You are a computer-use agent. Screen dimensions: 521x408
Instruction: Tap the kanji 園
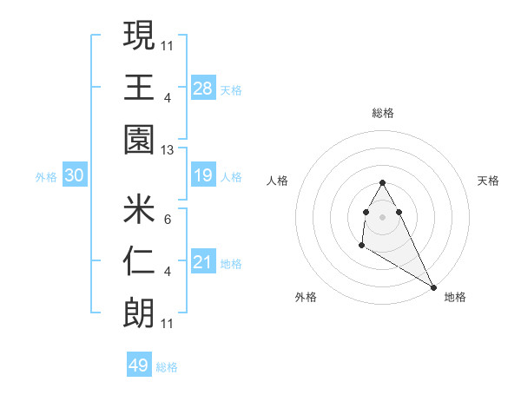[139, 140]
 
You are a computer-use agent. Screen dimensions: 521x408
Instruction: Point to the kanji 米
[139, 209]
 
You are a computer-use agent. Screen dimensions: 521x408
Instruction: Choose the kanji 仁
[139, 261]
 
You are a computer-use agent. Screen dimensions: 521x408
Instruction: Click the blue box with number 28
[203, 88]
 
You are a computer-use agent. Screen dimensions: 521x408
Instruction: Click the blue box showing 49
[139, 365]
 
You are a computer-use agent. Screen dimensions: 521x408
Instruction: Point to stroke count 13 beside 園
[168, 150]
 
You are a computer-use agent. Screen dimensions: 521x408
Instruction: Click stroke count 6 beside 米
[168, 220]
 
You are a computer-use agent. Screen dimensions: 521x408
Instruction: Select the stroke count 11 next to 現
[168, 45]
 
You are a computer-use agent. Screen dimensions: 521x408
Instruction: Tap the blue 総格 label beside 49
[167, 367]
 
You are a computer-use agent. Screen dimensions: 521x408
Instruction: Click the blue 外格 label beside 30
[46, 177]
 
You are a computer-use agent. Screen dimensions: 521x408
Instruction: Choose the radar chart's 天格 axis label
[489, 181]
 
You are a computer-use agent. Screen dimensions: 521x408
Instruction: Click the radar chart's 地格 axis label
[455, 297]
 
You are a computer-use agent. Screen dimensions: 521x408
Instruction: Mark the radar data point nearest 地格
[432, 286]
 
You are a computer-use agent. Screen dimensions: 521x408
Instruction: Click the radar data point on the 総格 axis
[382, 182]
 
